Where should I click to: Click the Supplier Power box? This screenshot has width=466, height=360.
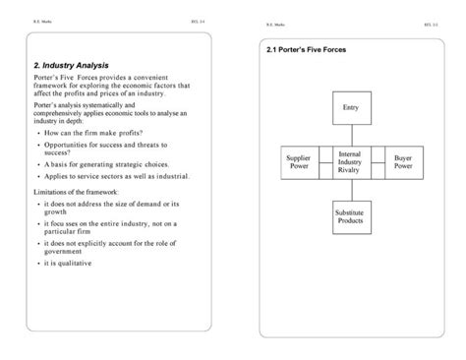point(299,161)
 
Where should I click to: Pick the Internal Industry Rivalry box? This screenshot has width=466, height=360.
point(349,162)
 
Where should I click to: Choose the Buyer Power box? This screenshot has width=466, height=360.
point(403,161)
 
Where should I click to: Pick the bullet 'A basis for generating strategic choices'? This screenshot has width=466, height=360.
point(107,163)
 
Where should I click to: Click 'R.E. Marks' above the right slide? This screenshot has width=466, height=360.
point(274,24)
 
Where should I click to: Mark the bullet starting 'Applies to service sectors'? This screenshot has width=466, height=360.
point(114,176)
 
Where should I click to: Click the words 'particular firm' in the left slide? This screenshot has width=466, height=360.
point(70,233)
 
